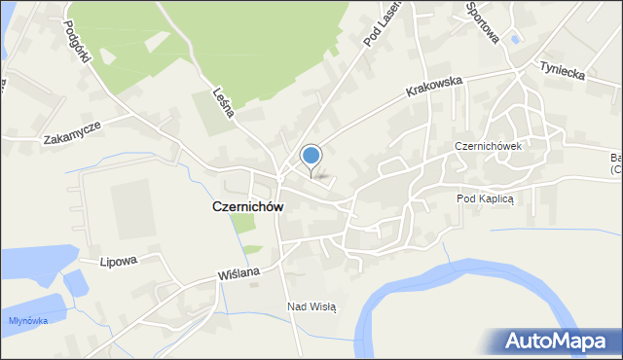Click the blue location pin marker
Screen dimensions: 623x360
311,156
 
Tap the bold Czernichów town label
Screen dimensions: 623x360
248,207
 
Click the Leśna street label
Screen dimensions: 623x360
222,100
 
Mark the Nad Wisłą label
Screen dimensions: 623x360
311,306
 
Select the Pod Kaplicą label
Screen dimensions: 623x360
491,198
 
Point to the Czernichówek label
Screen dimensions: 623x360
488,146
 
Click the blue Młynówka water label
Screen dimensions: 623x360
27,320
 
